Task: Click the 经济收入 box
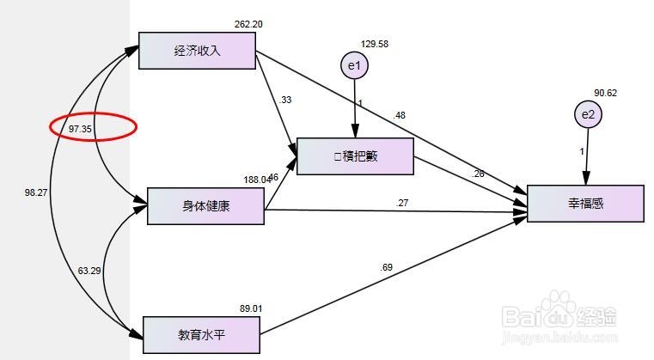click(197, 51)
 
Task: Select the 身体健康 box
click(205, 205)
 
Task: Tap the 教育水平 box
click(200, 334)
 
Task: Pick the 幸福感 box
click(585, 204)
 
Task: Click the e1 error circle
click(353, 65)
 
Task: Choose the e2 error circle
click(587, 114)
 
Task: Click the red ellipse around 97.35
click(91, 128)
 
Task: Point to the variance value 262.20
click(248, 24)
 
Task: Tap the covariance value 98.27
click(37, 193)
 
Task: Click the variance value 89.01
click(251, 308)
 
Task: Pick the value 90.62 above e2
click(605, 94)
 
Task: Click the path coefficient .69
click(387, 268)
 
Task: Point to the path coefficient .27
click(402, 204)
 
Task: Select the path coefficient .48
click(400, 115)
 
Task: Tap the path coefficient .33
click(285, 100)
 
